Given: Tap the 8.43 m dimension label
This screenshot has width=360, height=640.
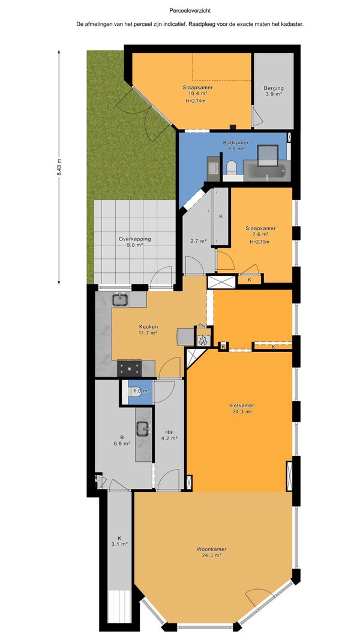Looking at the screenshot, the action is tap(59, 167).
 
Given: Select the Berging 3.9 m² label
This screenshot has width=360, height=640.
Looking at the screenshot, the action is tap(274, 91).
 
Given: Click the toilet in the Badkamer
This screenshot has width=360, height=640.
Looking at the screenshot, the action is tap(232, 169).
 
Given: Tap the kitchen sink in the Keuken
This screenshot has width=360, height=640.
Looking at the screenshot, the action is tap(120, 300).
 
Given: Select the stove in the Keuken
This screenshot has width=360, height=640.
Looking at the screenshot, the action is tap(130, 368).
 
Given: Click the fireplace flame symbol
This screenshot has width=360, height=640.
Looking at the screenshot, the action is tap(203, 339).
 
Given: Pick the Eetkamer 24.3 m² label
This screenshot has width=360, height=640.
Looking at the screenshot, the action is tap(242, 408).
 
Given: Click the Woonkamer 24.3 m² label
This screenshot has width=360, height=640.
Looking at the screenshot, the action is tap(211, 552).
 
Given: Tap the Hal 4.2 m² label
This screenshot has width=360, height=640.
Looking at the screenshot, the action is tap(170, 435).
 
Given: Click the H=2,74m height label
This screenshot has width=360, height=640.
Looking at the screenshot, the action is tap(195, 101).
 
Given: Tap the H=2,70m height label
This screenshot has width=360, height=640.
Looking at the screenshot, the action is tap(260, 242).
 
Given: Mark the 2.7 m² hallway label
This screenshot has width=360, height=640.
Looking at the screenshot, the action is tap(199, 241).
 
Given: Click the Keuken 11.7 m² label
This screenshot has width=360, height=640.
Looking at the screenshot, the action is tap(148, 330).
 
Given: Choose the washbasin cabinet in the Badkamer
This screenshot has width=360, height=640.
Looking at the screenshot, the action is tap(213, 169).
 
